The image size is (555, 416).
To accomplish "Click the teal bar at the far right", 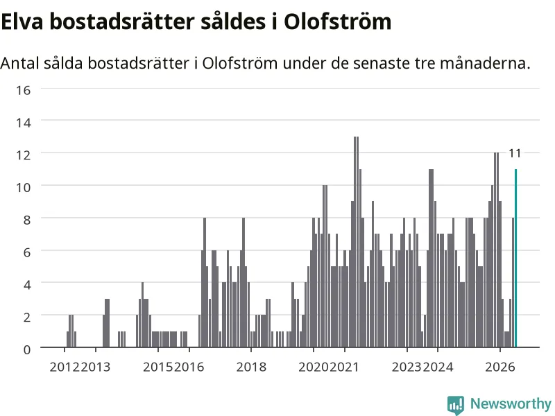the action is [515, 258].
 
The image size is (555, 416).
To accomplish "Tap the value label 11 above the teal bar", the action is [515, 153].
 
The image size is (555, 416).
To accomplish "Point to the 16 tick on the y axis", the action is [24, 90].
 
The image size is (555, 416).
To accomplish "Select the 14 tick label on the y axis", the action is [24, 123].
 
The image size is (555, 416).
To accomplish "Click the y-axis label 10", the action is [24, 187].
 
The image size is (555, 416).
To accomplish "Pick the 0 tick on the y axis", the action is [27, 350].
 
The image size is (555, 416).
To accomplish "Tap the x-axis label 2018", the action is [251, 367].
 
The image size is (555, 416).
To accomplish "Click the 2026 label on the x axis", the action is [500, 367].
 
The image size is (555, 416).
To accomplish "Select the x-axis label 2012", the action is [65, 367].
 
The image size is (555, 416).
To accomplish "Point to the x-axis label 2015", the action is [158, 367].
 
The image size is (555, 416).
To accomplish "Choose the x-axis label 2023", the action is [407, 367].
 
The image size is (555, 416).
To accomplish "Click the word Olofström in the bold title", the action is [338, 21].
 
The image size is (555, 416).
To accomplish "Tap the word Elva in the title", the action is [22, 21].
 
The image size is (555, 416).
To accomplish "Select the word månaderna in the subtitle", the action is [485, 63].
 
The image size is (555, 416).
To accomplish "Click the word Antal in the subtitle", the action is [19, 63].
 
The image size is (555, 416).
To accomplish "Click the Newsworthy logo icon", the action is [456, 405].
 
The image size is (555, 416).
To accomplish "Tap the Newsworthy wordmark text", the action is [511, 404].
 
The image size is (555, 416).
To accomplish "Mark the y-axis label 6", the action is [27, 252].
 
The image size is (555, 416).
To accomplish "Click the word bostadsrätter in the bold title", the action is [122, 21].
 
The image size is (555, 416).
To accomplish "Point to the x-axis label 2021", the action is [344, 367].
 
